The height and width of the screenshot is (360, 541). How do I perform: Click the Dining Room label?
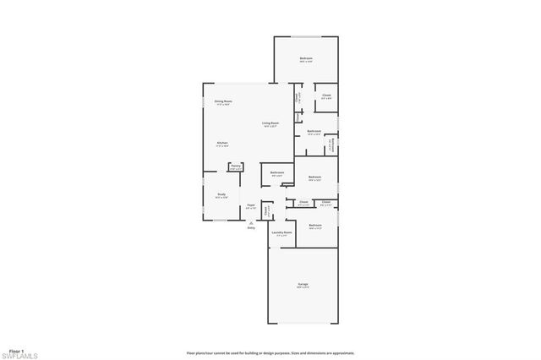pos(223,101)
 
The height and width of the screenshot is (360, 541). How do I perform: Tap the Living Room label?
pos(270,123)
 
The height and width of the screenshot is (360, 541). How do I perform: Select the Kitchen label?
pos(222,143)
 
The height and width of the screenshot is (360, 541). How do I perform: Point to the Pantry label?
pos(236,166)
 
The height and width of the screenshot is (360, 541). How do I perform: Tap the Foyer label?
pos(250,205)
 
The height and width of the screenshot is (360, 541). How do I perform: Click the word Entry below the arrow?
pos(251,228)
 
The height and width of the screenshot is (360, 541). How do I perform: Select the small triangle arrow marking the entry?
pos(251,222)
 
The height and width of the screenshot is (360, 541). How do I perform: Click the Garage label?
pos(303,284)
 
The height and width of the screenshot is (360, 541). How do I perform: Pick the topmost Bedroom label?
pos(306,58)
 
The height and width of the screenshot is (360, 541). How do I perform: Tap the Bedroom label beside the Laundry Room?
pos(315,225)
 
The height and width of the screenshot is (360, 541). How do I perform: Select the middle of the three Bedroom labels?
pos(314,177)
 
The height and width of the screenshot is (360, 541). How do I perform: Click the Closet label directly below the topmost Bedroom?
pos(326,95)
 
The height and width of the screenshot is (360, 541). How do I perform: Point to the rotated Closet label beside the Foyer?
pos(265,210)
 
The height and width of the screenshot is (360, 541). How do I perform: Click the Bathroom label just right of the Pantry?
pos(277,172)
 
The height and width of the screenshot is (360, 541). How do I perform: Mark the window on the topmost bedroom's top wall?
pos(306,37)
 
